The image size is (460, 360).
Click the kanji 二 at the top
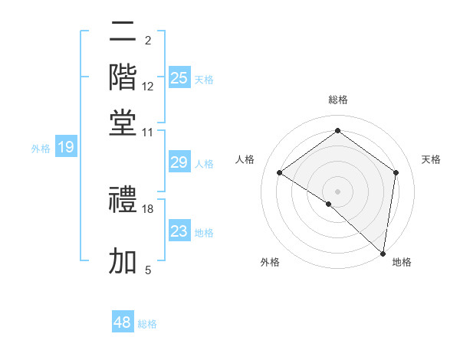click(x=123, y=32)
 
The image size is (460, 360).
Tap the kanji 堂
click(x=123, y=123)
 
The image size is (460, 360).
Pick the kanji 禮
click(x=123, y=201)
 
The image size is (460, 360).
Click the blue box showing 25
click(x=179, y=77)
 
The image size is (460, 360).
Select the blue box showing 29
click(x=179, y=162)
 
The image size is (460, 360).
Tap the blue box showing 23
click(x=179, y=231)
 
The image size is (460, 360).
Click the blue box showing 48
click(x=123, y=322)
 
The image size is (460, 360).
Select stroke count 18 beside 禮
click(x=148, y=208)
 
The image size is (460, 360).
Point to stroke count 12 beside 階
click(x=148, y=87)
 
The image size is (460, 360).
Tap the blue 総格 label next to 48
click(x=147, y=324)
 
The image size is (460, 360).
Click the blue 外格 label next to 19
click(x=41, y=149)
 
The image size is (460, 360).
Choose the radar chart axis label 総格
click(x=337, y=100)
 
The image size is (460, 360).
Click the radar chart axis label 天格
click(x=431, y=159)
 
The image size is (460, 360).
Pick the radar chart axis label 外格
click(x=270, y=262)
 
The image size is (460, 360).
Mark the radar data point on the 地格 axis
click(x=383, y=253)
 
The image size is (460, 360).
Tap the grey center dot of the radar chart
click(x=337, y=190)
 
